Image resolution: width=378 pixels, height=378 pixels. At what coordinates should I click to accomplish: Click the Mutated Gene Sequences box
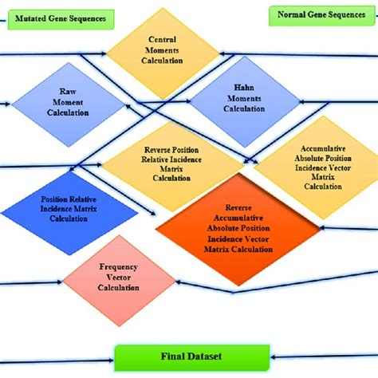58,17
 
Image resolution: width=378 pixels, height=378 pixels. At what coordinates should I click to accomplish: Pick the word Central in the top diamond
163,39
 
